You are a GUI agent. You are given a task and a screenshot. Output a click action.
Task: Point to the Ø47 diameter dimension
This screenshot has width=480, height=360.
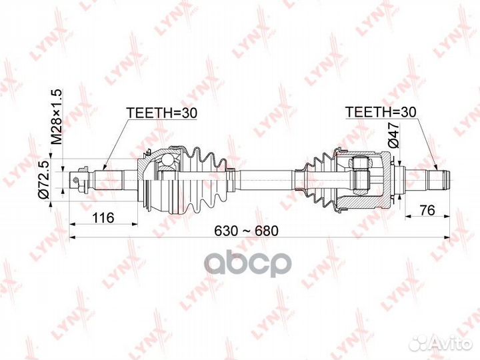(393, 135)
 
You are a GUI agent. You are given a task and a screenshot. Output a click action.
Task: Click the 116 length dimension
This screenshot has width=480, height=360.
(103, 217)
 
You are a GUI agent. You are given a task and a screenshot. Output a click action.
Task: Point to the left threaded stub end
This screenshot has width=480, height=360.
(81, 178)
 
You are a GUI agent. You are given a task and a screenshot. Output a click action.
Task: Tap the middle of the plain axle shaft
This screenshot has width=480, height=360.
(263, 177)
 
